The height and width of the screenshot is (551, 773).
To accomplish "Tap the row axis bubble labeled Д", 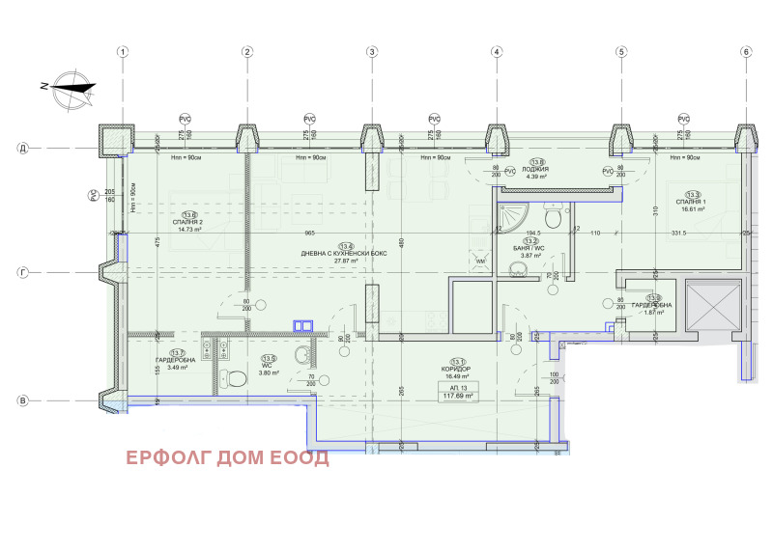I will tap(21, 149).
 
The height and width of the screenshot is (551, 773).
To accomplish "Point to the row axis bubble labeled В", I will tap(21, 400).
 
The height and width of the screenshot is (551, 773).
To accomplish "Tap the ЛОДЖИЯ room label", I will tap(536, 170).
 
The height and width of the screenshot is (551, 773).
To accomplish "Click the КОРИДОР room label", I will tap(457, 371).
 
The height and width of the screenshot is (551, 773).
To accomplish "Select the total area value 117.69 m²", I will tap(457, 396).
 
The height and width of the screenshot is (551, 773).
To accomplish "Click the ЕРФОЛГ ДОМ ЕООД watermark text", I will tap(225, 457).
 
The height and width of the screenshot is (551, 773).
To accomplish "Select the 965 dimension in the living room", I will tap(310, 234).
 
